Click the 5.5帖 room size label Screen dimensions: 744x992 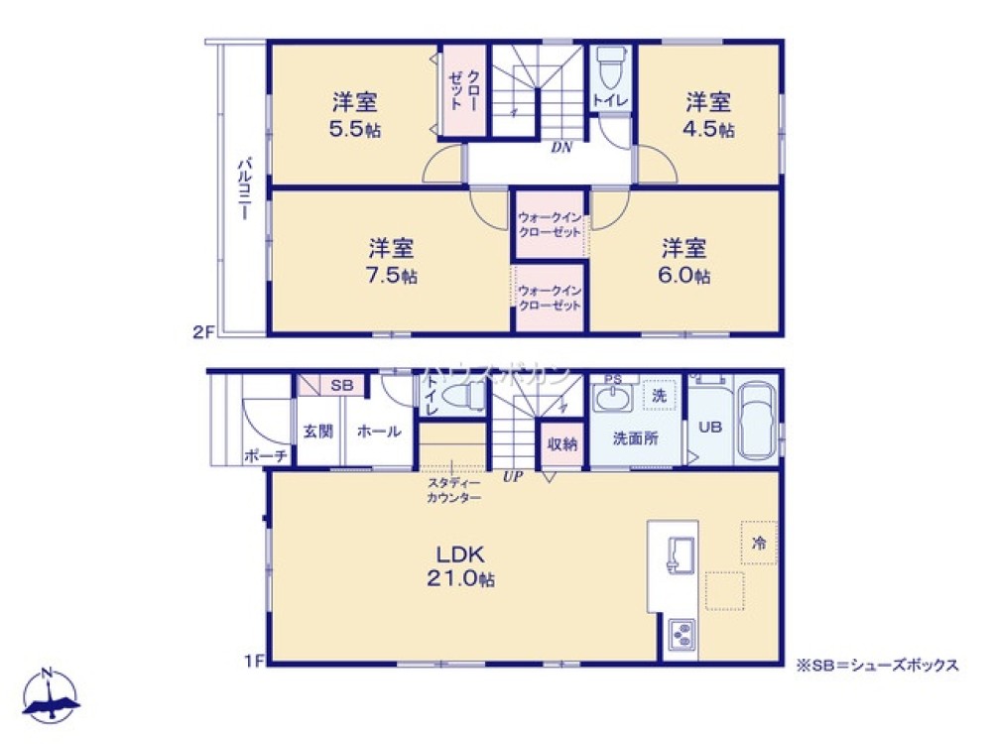click(x=355, y=129)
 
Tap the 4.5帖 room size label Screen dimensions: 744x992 click(x=710, y=129)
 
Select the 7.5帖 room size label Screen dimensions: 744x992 click(x=393, y=275)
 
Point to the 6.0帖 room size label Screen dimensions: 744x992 click(x=685, y=275)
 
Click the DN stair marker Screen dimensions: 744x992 click(x=561, y=148)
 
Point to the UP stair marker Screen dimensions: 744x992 click(x=513, y=476)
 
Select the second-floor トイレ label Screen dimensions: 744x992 click(x=607, y=100)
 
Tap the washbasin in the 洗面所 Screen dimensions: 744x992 click(x=610, y=398)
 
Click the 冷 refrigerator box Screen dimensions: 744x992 click(x=758, y=543)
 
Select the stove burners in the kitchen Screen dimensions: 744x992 click(x=682, y=635)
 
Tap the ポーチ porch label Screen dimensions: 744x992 click(x=265, y=455)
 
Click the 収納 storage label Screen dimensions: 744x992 click(x=561, y=443)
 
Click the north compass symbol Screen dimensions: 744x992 click(x=50, y=695)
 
